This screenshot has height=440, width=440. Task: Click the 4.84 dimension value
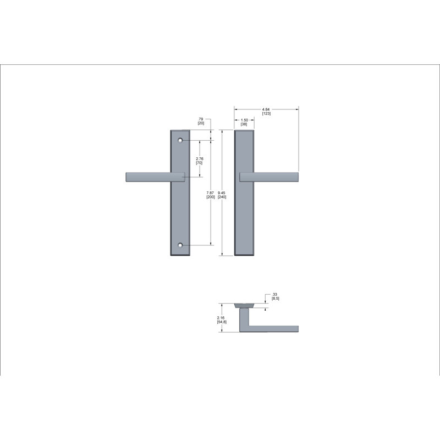(x=266, y=109)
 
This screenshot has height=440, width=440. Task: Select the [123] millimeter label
(x=266, y=113)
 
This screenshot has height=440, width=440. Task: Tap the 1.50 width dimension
(x=244, y=120)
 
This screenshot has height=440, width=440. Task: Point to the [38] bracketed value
(x=244, y=124)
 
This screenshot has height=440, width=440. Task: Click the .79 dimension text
(x=200, y=119)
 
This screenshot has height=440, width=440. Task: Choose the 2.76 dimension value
(x=200, y=159)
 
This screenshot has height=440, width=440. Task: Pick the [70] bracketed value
(x=199, y=163)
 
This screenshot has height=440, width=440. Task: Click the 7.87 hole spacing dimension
(x=210, y=193)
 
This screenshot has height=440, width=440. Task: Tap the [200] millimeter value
(x=211, y=197)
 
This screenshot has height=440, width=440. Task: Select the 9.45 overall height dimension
(x=222, y=193)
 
